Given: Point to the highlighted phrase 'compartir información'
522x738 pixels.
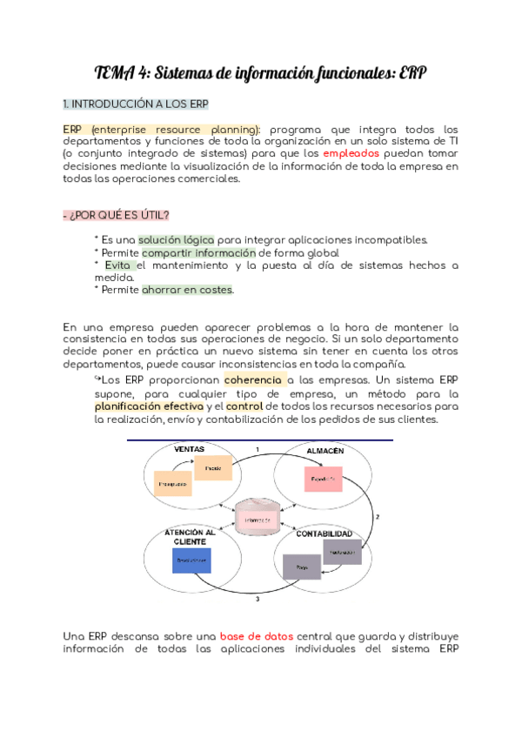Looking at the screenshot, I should [x=199, y=252].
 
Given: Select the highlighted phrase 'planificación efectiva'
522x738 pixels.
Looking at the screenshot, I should [x=149, y=406].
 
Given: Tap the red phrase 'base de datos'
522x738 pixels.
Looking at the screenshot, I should [x=255, y=636].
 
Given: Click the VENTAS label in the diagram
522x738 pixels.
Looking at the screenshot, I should [x=189, y=449].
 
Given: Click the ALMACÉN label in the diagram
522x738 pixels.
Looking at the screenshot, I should [x=325, y=450].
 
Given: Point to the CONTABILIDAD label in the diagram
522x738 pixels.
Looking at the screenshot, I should [x=325, y=533].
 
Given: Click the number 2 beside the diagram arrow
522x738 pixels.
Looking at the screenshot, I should [x=376, y=517].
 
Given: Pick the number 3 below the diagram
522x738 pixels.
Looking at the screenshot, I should [x=257, y=600].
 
